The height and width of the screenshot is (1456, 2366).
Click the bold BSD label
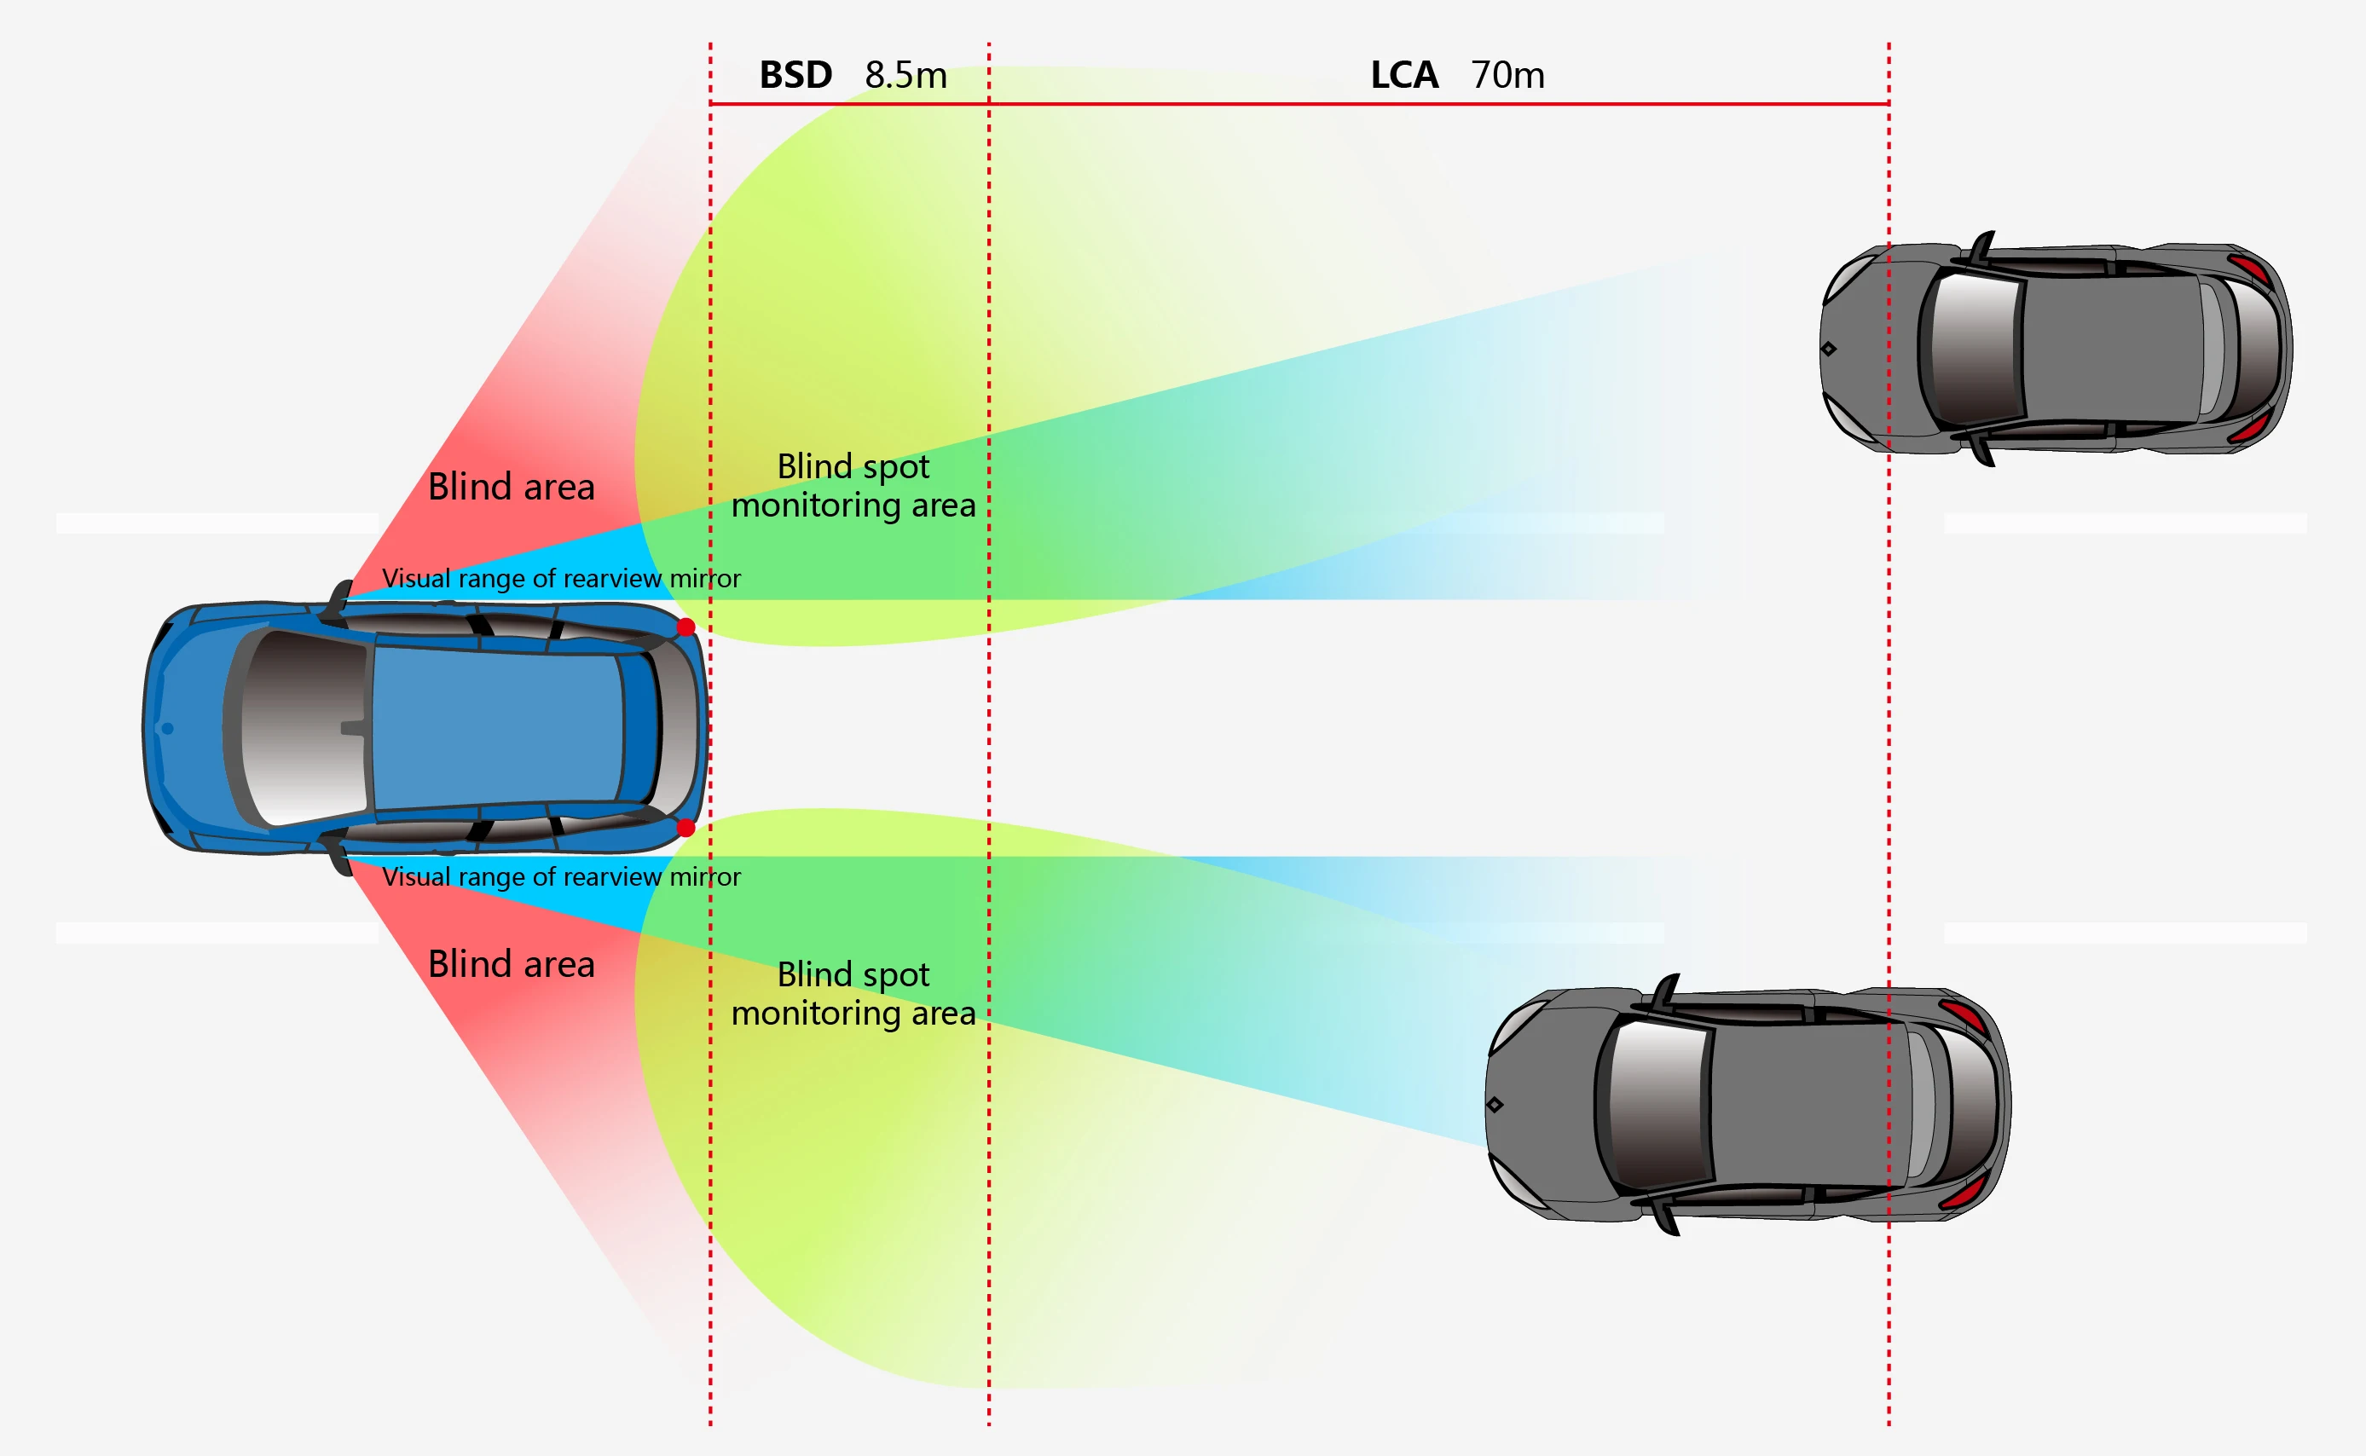795,75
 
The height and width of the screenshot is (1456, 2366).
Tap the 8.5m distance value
905,75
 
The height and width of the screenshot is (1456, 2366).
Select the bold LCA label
1404,75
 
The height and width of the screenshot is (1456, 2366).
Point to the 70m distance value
1507,75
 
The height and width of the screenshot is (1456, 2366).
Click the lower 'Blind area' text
511,964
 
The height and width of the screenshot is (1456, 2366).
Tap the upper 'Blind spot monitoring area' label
853,485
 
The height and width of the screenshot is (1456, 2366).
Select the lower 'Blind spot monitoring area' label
853,994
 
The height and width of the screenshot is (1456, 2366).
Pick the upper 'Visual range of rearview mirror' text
560,578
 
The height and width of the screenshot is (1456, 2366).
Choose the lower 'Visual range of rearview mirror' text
560,876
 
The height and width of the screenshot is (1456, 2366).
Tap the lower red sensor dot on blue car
686,827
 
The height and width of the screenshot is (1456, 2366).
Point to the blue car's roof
496,727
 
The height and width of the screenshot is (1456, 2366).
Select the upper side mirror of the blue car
340,599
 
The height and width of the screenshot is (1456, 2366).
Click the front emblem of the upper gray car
1829,349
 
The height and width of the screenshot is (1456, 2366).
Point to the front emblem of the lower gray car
1495,1105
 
